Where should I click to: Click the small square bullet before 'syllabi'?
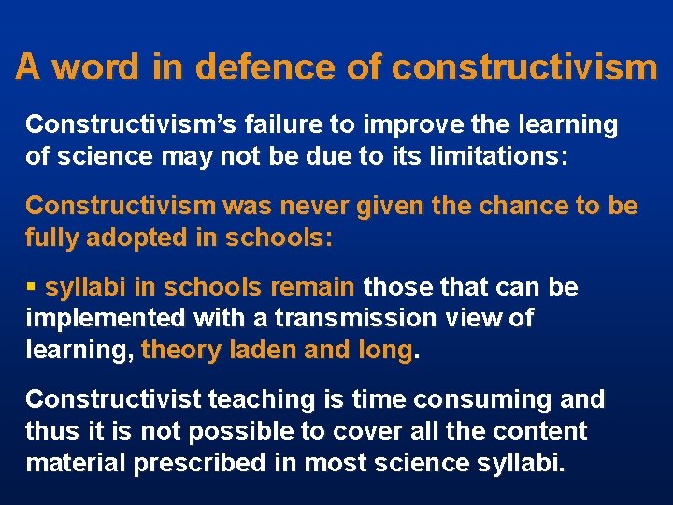click(x=32, y=287)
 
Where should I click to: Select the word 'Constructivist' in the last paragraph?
click(x=112, y=399)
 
